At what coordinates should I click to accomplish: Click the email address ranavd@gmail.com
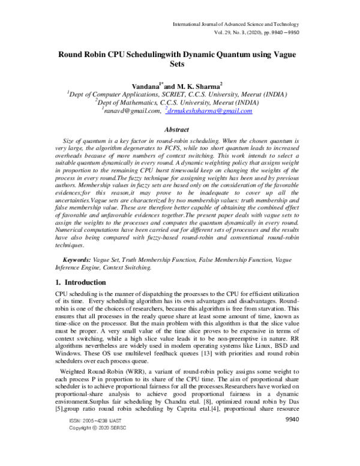(x=133, y=110)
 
